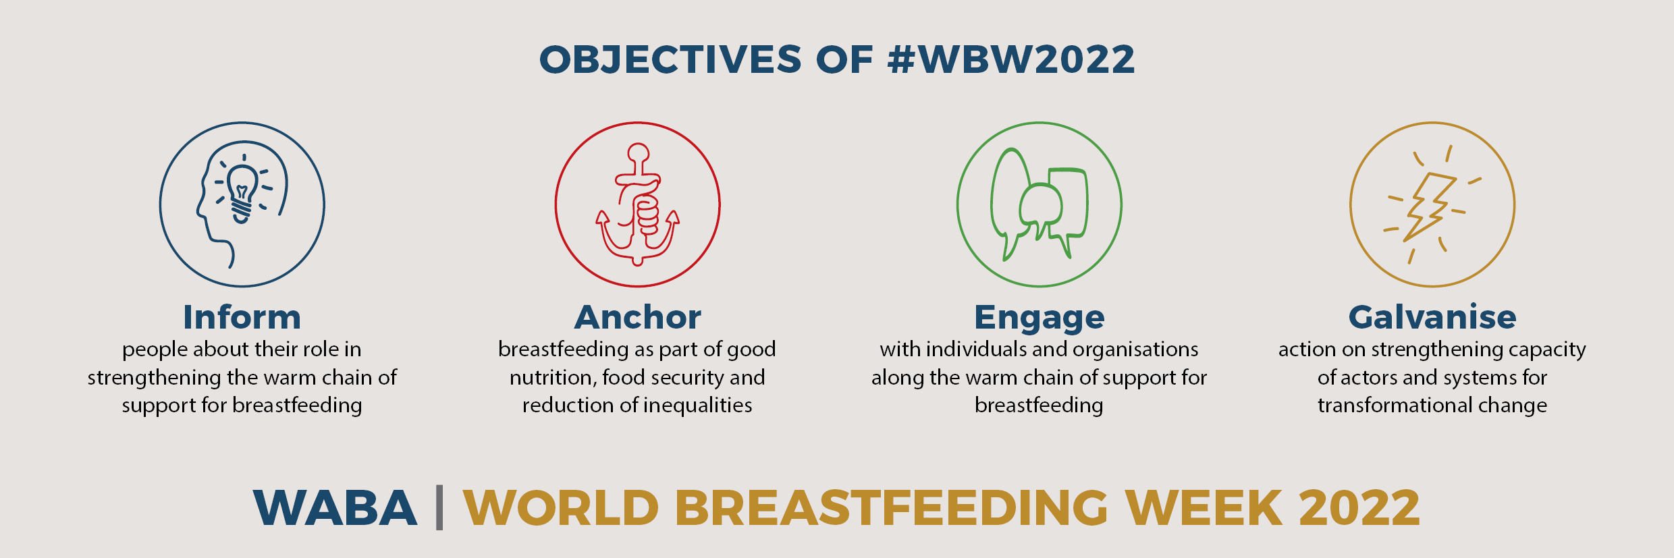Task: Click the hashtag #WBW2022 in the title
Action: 1011,59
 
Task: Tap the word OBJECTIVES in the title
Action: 670,59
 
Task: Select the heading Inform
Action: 242,317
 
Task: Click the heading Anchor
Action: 638,317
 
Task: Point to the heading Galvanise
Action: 1432,317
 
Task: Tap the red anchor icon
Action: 638,204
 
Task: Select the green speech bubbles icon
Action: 1039,204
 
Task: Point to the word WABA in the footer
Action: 335,507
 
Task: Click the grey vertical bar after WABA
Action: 439,507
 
